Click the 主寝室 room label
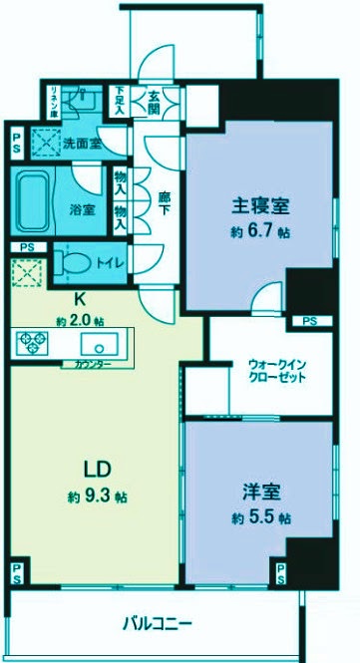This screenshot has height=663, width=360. pyautogui.click(x=261, y=207)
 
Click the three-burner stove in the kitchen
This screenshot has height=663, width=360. pyautogui.click(x=31, y=344)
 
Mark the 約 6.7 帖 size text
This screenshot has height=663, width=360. pyautogui.click(x=261, y=233)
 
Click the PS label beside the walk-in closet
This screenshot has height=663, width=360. pyautogui.click(x=309, y=321)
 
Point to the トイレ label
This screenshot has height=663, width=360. pyautogui.click(x=109, y=262)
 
